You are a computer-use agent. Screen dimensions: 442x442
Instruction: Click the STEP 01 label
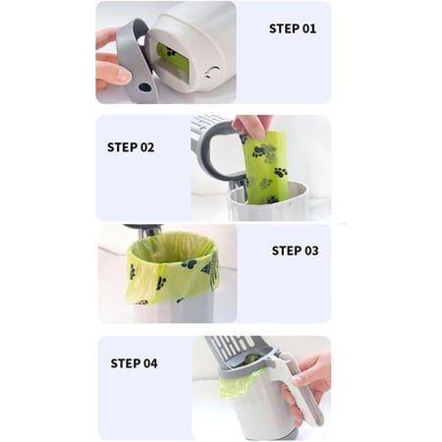click(293, 28)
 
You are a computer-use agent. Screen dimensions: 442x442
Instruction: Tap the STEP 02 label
click(131, 147)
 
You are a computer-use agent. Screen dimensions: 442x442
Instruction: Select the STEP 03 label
click(295, 250)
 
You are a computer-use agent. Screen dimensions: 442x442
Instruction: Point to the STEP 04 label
click(134, 363)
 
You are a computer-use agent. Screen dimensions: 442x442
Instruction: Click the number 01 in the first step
click(308, 28)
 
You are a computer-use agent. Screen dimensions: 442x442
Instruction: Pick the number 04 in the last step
click(150, 363)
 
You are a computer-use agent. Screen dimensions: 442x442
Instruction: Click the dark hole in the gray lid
click(144, 87)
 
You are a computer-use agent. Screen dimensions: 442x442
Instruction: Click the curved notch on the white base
click(213, 72)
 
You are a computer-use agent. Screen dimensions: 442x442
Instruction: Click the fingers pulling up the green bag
click(252, 126)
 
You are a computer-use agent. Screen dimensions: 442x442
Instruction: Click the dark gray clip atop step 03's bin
click(144, 229)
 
